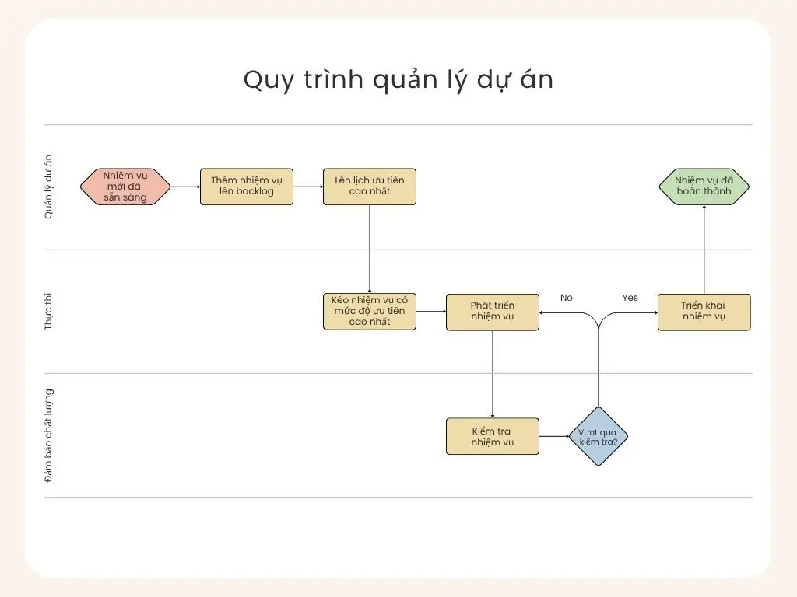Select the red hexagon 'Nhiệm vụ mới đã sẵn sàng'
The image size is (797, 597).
(125, 187)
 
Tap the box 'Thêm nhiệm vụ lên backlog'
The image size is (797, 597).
(247, 187)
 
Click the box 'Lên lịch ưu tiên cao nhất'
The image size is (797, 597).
(370, 187)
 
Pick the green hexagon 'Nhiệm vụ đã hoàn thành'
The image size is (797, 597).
(704, 187)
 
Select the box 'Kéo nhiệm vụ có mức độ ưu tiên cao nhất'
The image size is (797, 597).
(370, 312)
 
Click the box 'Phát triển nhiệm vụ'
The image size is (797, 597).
(493, 312)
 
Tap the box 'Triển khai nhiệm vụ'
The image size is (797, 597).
(704, 312)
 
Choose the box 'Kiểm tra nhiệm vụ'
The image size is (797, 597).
(493, 436)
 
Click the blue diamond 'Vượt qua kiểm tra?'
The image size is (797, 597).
(599, 436)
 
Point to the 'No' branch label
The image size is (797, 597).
(567, 298)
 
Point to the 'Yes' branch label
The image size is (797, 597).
(630, 298)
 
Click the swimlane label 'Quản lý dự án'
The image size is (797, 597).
(49, 187)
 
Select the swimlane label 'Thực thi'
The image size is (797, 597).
(49, 312)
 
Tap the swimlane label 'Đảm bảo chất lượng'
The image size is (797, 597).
(49, 435)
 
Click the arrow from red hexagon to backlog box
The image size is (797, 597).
(185, 187)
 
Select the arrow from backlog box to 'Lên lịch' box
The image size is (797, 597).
(308, 187)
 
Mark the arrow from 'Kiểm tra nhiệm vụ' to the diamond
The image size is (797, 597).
(554, 436)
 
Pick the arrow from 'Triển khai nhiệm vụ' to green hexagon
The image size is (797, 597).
(704, 249)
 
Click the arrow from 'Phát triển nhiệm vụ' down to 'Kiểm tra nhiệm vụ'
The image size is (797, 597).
(493, 374)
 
